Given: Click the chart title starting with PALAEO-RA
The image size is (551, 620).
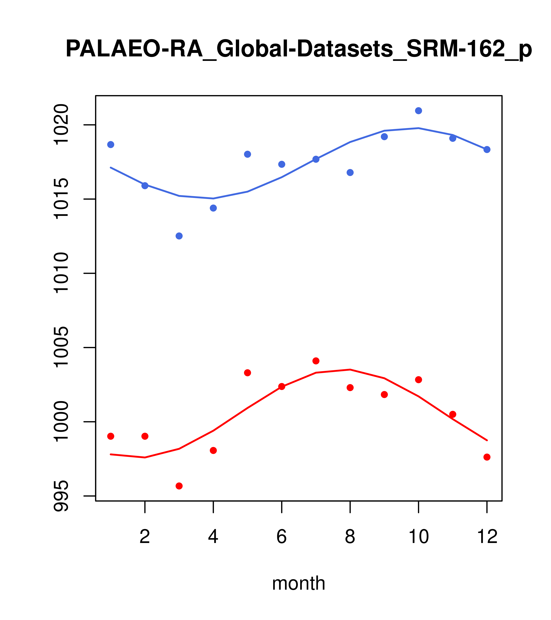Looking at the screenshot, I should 298,49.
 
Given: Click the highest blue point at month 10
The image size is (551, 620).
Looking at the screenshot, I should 418,111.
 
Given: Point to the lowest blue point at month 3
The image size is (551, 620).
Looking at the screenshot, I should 179,236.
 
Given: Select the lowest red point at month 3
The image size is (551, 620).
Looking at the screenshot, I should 179,486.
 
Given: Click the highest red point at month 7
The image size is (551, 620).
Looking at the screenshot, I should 316,361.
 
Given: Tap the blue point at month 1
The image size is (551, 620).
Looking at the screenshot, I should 111,145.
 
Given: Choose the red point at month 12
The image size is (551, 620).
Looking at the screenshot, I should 487,457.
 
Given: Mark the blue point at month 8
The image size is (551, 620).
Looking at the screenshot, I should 350,173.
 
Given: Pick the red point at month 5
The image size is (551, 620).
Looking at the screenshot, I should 248,373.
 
